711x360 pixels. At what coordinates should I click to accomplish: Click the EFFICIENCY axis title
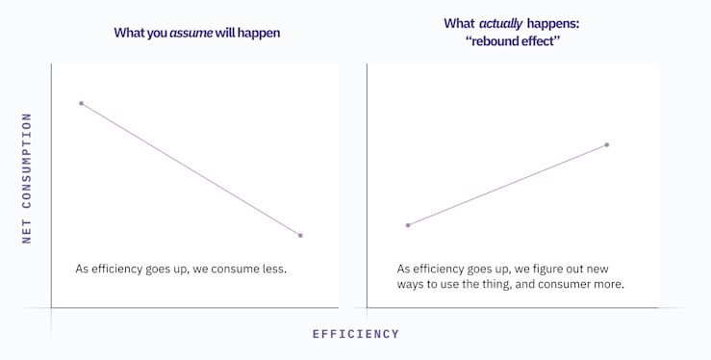(x=355, y=334)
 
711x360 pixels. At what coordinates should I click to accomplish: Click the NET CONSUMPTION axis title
(x=27, y=178)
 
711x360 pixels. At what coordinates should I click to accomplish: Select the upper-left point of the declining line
(x=81, y=103)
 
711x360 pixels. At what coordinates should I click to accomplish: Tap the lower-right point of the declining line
(x=300, y=235)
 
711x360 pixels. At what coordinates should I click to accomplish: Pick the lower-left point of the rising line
(x=408, y=225)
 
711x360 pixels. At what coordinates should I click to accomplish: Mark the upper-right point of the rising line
(x=607, y=144)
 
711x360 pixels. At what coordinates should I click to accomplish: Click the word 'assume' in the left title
(x=191, y=33)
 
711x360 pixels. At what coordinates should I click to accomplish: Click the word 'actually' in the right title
(x=500, y=23)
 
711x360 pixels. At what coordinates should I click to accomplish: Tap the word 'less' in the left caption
(x=273, y=269)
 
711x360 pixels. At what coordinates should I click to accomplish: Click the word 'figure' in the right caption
(x=556, y=269)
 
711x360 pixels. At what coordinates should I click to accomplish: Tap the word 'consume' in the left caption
(x=224, y=269)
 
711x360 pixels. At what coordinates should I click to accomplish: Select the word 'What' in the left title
(x=129, y=33)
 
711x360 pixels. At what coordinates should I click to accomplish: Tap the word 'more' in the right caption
(x=608, y=285)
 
